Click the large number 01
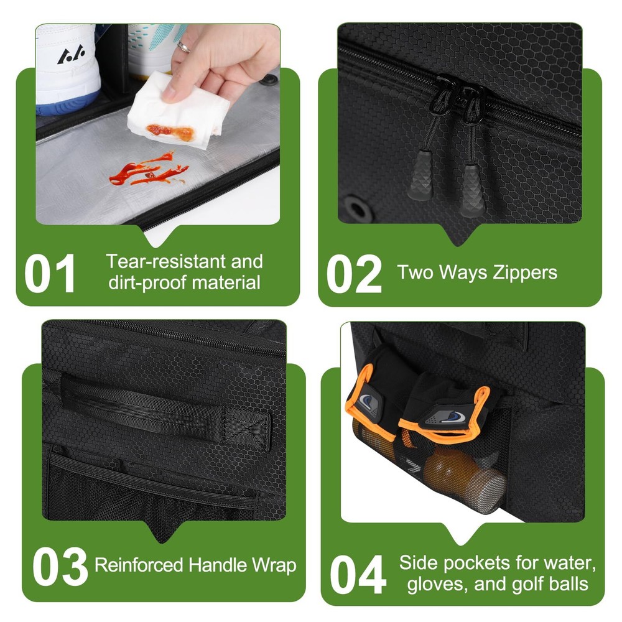coord(50,273)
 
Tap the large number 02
coord(353,274)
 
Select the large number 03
coord(60,566)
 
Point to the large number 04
coord(358,574)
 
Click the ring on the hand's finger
coord(183,47)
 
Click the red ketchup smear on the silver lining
coord(149,170)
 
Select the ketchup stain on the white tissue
coord(170,131)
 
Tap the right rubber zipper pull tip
coord(472,191)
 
